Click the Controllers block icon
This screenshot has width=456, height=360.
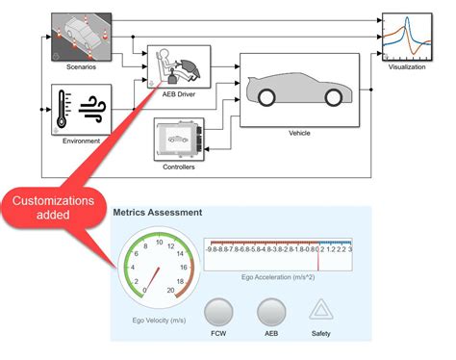[x=178, y=140]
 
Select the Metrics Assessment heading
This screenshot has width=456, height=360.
[x=158, y=211]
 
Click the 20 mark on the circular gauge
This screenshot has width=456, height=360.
[x=170, y=290]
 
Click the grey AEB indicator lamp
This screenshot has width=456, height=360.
[x=272, y=314]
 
